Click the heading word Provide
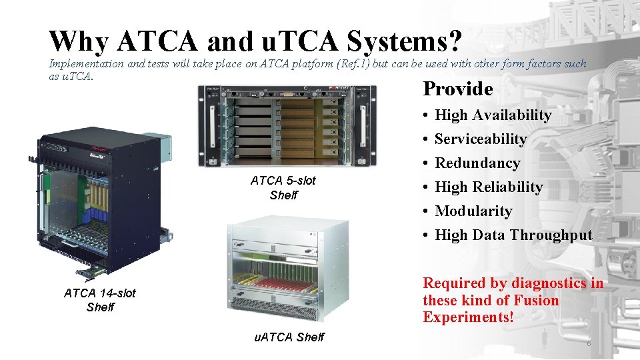[457, 89]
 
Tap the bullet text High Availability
[493, 115]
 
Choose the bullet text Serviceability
[480, 139]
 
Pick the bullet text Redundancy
[477, 163]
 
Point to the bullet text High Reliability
[489, 187]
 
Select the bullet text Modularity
[473, 211]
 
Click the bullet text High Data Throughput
[513, 235]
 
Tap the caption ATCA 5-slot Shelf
[283, 188]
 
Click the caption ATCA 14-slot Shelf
[100, 300]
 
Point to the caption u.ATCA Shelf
[289, 337]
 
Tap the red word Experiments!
[468, 317]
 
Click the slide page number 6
[589, 343]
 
